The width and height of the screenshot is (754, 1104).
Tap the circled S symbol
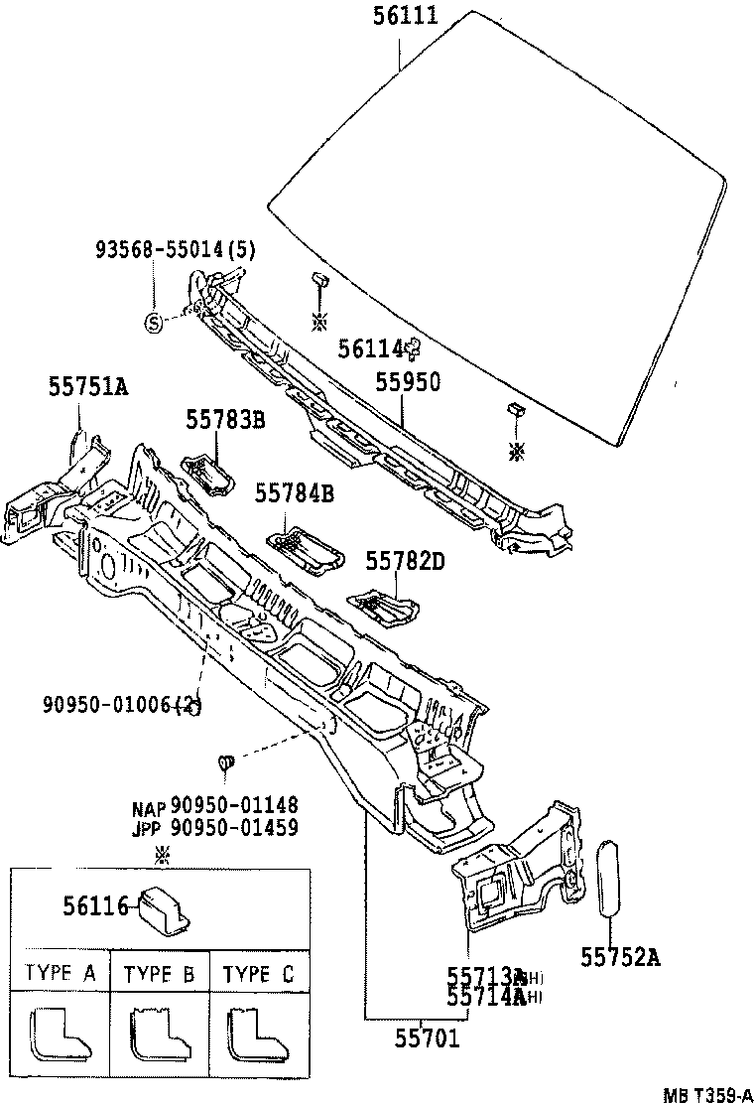[x=154, y=321]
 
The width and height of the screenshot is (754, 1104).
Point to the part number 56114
[x=372, y=347]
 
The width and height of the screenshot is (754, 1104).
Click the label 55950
[x=407, y=382]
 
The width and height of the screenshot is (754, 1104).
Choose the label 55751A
[x=88, y=386]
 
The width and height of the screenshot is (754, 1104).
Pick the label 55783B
[x=225, y=420]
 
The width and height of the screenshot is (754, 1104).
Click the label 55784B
[x=294, y=491]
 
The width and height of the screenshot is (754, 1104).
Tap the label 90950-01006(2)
[x=122, y=704]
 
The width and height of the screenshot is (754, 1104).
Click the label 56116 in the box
[x=95, y=905]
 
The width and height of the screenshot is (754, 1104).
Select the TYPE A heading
[x=61, y=974]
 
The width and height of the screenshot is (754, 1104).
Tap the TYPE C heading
[x=258, y=974]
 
